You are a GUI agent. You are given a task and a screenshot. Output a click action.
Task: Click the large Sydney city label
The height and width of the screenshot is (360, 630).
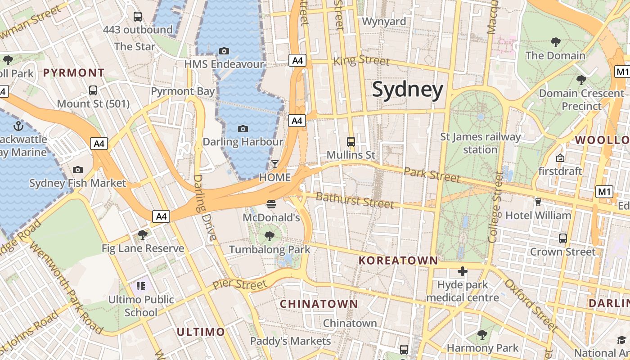407,90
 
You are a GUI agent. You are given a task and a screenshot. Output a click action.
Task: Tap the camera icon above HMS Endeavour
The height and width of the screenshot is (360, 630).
224,51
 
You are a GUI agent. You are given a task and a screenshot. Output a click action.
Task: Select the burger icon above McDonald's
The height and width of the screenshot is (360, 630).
271,204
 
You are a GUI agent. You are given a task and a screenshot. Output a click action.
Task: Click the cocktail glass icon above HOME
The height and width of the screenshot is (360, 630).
274,164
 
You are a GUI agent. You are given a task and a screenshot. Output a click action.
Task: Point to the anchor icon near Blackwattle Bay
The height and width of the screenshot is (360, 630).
18,126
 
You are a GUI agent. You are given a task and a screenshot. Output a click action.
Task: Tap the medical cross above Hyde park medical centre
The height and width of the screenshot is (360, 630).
462,271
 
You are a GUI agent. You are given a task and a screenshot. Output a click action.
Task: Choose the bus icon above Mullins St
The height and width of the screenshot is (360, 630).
351,141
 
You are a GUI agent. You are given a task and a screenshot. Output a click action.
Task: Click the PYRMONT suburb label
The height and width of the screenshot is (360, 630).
74,72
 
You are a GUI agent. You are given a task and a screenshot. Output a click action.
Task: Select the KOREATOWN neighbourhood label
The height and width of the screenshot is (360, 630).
398,260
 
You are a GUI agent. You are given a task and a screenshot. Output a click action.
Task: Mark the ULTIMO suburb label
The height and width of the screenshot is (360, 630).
200,332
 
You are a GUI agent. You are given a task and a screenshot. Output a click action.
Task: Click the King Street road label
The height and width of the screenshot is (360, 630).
361,60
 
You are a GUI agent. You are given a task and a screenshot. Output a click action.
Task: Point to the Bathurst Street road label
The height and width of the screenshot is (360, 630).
355,200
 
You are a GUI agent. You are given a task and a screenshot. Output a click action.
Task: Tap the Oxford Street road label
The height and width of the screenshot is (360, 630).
531,304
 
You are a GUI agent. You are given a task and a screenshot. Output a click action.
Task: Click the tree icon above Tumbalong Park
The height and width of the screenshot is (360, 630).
269,236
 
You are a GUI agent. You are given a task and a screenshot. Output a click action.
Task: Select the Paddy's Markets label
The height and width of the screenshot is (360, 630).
290,341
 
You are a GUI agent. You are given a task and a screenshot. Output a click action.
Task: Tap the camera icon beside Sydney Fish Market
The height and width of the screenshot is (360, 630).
78,170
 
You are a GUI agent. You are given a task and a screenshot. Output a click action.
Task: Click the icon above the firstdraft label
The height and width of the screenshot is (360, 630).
560,158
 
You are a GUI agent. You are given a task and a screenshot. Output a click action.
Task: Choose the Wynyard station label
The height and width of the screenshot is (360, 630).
383,21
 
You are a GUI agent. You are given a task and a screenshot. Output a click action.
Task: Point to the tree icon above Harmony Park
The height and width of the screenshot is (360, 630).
482,334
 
